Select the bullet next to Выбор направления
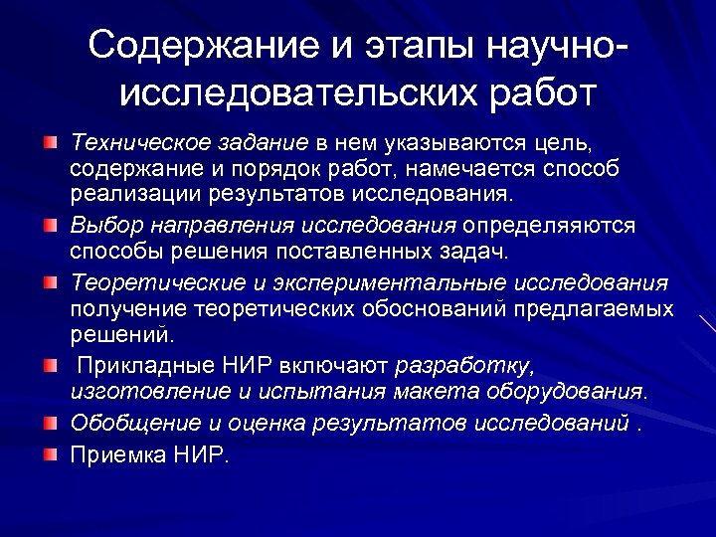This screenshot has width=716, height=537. pos(50,227)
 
